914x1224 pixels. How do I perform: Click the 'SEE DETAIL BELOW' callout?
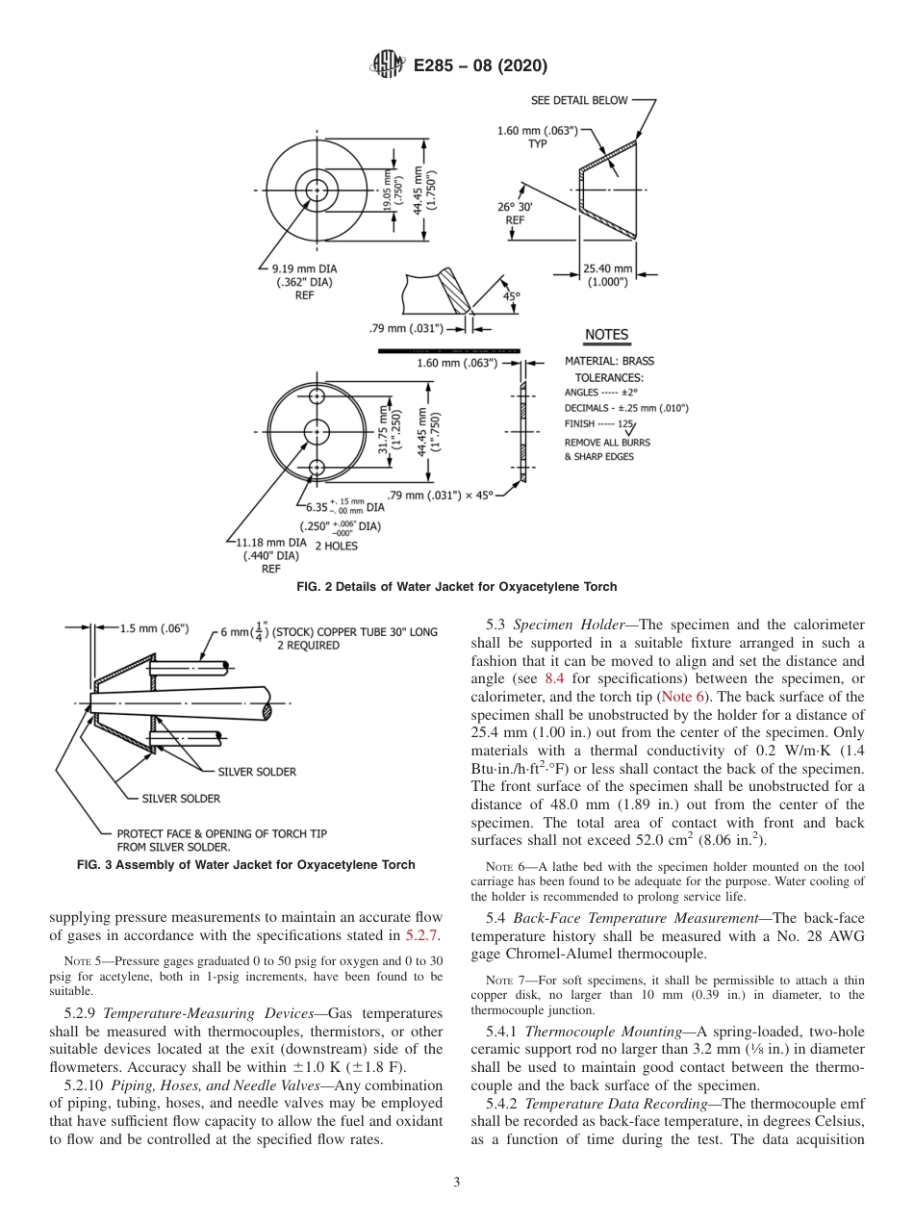[x=578, y=100]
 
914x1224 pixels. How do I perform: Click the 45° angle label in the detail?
[x=509, y=296]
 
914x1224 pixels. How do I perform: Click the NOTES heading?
[x=606, y=335]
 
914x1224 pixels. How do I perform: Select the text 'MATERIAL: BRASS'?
[x=609, y=362]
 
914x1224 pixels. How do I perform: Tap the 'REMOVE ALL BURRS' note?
[x=606, y=443]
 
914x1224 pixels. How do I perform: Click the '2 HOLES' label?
[x=336, y=546]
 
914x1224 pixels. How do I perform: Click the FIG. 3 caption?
[x=246, y=865]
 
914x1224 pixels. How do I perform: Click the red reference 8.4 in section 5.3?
[x=554, y=678]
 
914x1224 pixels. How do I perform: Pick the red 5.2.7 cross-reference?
[x=423, y=933]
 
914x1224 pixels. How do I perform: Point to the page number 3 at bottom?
[x=456, y=1182]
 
